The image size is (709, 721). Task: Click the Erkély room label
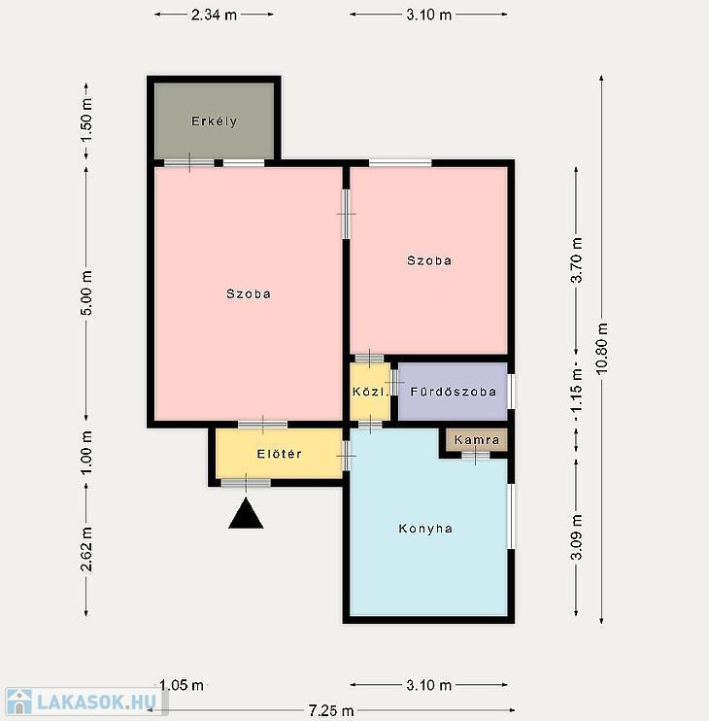(x=214, y=121)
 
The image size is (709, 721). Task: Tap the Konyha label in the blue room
(x=425, y=529)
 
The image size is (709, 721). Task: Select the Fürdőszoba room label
(x=453, y=392)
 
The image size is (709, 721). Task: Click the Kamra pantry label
(x=477, y=440)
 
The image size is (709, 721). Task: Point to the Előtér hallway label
(x=280, y=454)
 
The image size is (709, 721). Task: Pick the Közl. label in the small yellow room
(x=370, y=392)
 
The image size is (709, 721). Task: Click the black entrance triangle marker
(x=246, y=513)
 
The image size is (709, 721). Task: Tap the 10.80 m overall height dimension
(x=602, y=348)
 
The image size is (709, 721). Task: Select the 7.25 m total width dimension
(x=331, y=711)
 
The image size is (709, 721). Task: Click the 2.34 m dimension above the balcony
(x=214, y=15)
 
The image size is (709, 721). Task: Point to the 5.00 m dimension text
(x=86, y=292)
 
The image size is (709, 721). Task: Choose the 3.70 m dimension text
(x=576, y=259)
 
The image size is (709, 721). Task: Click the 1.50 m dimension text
(x=86, y=120)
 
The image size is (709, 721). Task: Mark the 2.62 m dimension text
(x=86, y=549)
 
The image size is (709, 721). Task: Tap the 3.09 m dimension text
(x=576, y=537)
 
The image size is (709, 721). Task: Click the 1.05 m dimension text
(x=182, y=686)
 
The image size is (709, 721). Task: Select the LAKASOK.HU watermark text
(x=96, y=703)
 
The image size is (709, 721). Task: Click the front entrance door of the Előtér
(x=246, y=483)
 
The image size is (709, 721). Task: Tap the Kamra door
(x=476, y=455)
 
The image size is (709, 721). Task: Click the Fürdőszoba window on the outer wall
(x=511, y=392)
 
